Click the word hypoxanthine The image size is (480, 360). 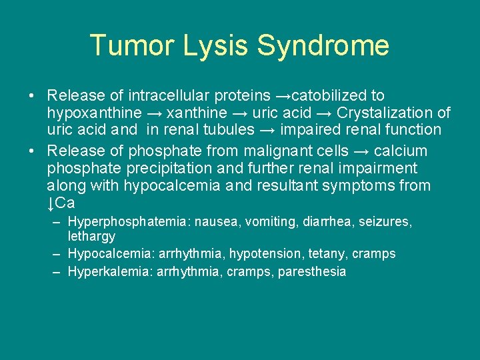(x=94, y=113)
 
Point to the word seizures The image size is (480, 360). (x=385, y=221)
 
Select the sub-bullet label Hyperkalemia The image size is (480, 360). (x=109, y=272)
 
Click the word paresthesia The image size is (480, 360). (x=312, y=272)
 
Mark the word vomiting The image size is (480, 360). (x=271, y=221)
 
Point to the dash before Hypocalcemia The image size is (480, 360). (x=57, y=254)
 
